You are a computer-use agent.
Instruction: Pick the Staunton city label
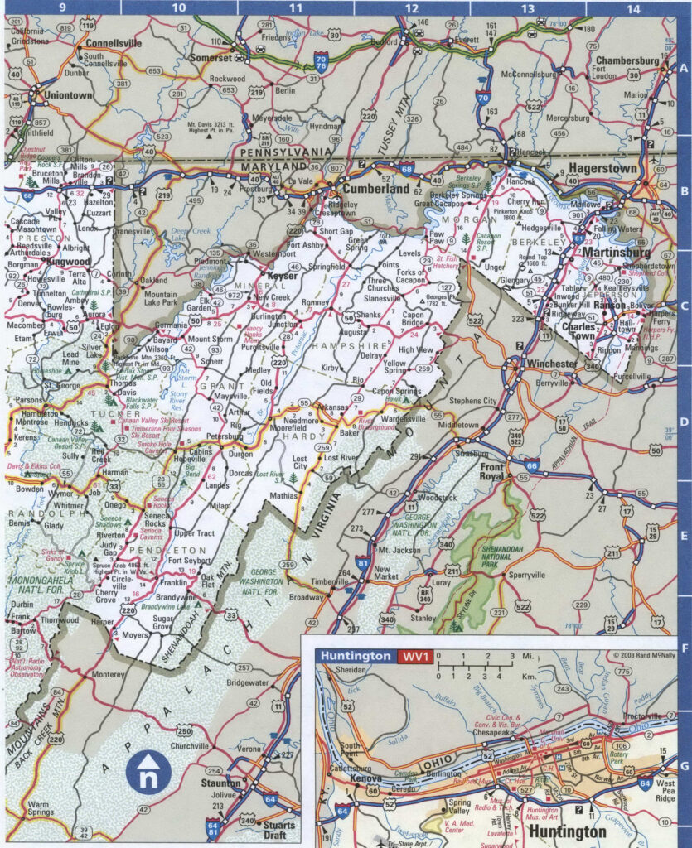pyautogui.click(x=220, y=783)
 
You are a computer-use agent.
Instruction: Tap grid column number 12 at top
pyautogui.click(x=412, y=8)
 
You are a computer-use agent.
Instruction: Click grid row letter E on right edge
pyautogui.click(x=684, y=537)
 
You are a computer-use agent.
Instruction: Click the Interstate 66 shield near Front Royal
pyautogui.click(x=532, y=466)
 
